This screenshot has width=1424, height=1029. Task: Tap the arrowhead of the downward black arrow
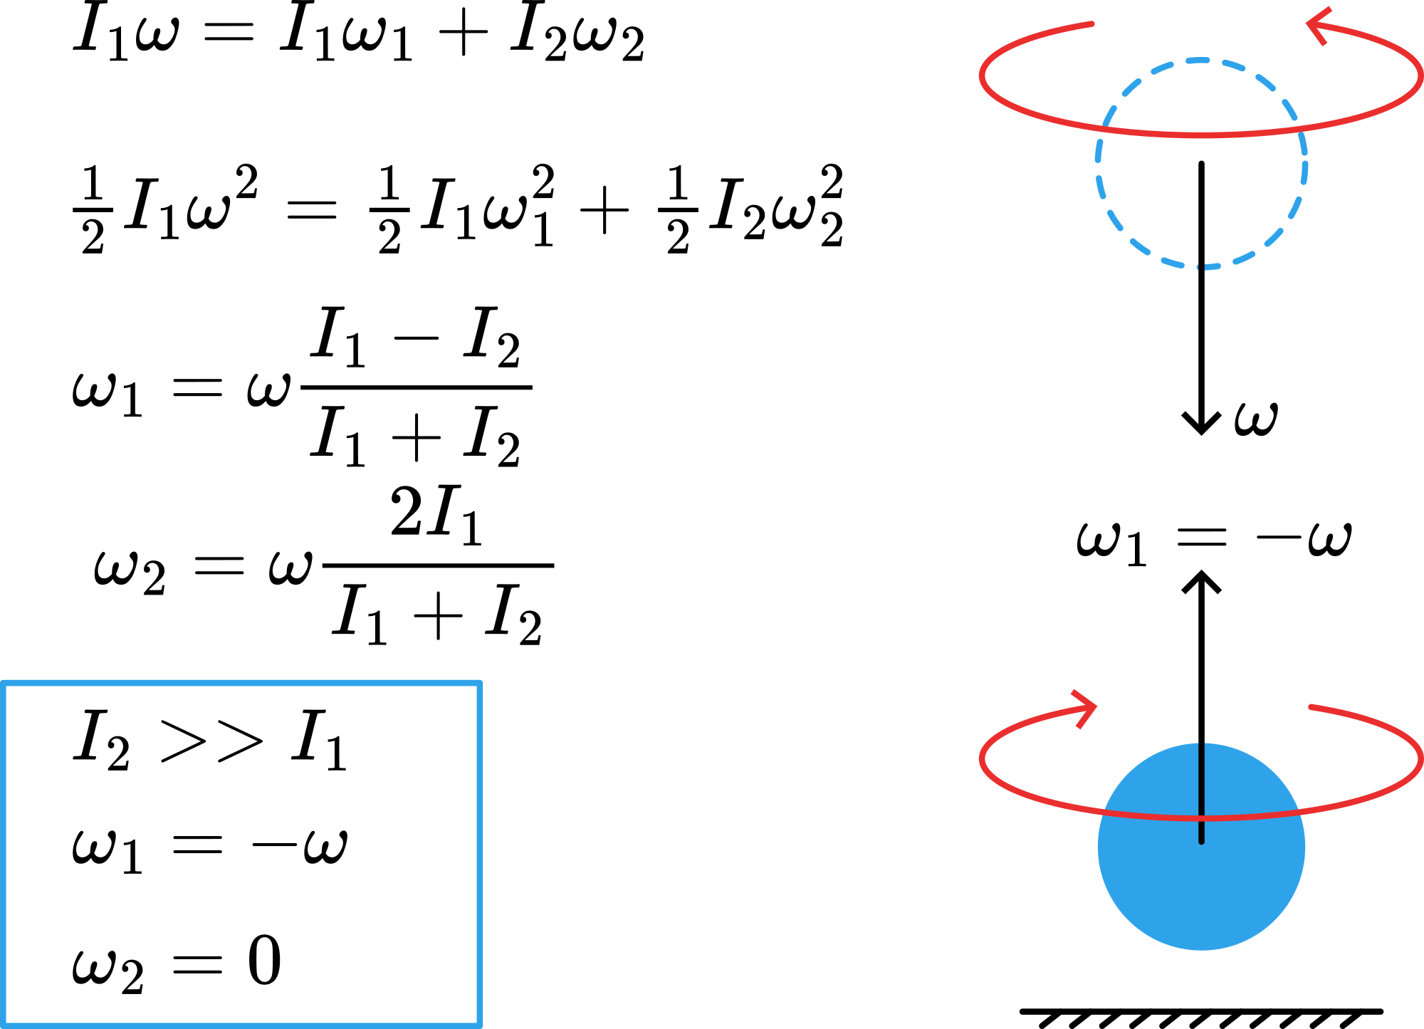1201,424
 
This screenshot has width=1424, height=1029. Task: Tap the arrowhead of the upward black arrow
1201,580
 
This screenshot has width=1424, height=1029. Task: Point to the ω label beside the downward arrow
1256,419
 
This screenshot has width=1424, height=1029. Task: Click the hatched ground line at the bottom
1201,1014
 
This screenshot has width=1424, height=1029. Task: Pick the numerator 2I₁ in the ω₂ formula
436,514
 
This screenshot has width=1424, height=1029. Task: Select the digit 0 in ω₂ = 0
264,961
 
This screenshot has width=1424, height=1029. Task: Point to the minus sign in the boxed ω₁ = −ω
273,845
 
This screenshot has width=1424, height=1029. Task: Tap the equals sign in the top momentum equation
228,32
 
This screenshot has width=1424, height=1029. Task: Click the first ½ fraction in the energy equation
93,210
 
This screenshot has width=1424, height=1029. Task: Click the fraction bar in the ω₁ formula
417,388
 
